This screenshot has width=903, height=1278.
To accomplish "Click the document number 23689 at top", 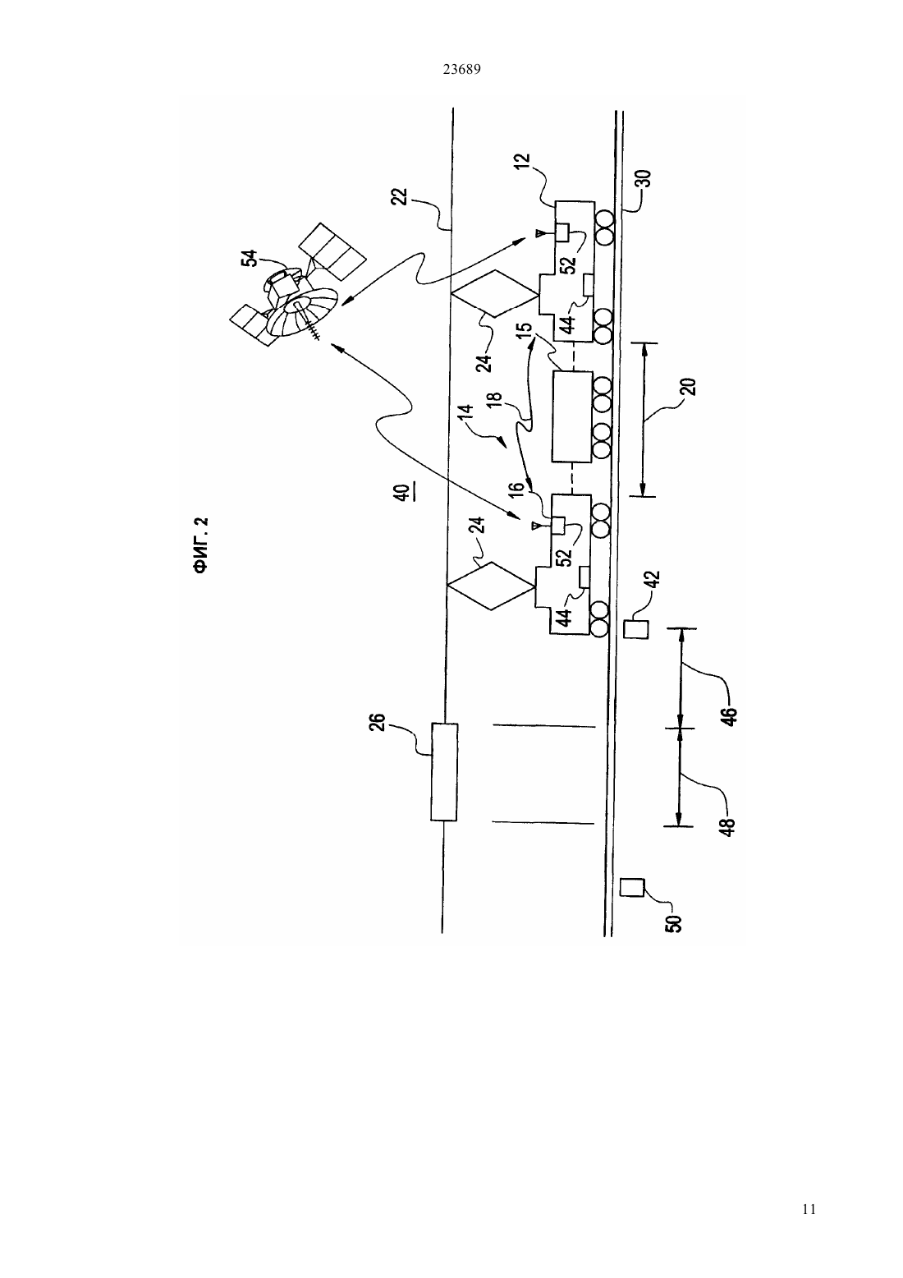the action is click(x=461, y=70).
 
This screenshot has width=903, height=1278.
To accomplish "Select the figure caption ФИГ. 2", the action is click(x=200, y=545).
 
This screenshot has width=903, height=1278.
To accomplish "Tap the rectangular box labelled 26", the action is click(x=444, y=771).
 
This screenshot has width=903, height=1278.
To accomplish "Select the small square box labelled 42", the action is click(x=636, y=628).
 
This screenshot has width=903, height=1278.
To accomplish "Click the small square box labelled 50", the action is click(x=631, y=887).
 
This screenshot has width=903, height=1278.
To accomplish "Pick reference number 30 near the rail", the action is click(x=643, y=179).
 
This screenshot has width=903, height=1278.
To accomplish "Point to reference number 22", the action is click(x=402, y=196).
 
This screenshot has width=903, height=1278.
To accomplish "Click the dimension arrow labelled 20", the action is click(x=644, y=420).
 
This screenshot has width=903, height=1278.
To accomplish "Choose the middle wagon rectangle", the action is click(x=571, y=416).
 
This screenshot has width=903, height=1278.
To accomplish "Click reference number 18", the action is click(x=494, y=399).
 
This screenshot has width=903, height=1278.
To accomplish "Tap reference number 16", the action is click(x=515, y=490).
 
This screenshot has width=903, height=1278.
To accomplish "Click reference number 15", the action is click(x=525, y=330).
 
